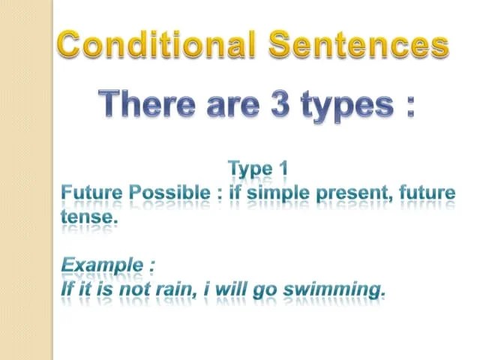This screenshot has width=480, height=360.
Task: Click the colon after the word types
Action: click(x=409, y=105)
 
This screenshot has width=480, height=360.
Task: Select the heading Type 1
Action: click(x=257, y=169)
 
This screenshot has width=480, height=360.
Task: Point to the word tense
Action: click(x=88, y=216)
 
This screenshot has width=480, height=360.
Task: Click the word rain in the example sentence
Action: click(x=174, y=288)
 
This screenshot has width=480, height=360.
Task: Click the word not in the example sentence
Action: click(x=137, y=288)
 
